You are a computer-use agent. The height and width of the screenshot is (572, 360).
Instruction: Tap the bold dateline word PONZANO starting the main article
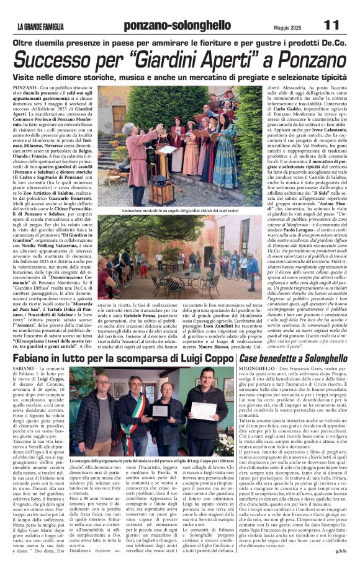click(x=24, y=89)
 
